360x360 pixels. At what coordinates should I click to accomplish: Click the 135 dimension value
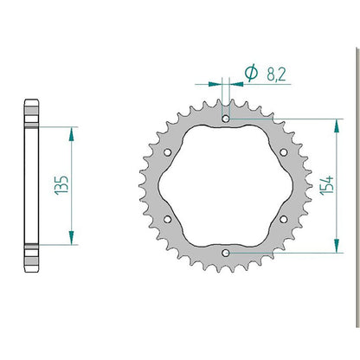click(x=61, y=185)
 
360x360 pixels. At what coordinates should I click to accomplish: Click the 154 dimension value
click(x=327, y=185)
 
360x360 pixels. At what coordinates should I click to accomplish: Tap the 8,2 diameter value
click(x=276, y=74)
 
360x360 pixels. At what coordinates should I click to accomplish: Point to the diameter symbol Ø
click(x=251, y=73)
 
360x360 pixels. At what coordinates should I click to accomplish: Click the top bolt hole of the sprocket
click(x=226, y=119)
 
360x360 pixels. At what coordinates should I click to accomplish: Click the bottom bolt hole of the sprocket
click(x=226, y=253)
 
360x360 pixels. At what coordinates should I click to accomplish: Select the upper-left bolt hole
click(x=167, y=152)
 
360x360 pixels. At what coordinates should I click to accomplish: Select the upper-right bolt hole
click(x=284, y=152)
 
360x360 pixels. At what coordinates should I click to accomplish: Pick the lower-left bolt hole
click(x=167, y=220)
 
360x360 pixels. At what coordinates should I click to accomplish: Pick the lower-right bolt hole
click(x=284, y=220)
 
